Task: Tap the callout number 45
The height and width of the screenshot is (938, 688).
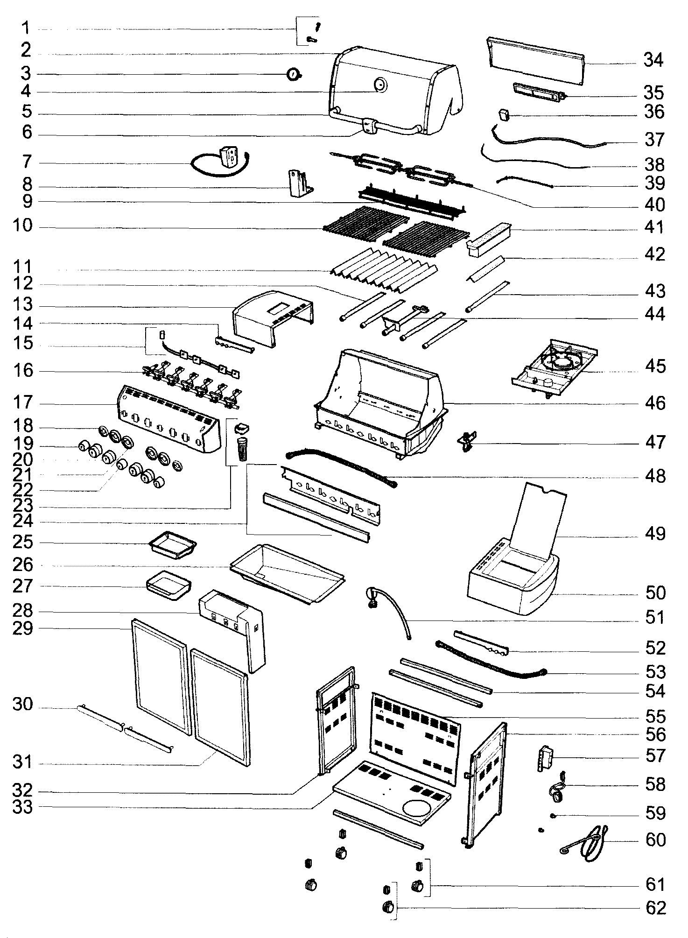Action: (x=655, y=366)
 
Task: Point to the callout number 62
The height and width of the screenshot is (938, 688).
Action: (x=655, y=908)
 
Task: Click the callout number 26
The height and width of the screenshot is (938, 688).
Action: (x=23, y=564)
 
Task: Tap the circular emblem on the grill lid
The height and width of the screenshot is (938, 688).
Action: (x=380, y=85)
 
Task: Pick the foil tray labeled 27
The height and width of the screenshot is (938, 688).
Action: (x=168, y=585)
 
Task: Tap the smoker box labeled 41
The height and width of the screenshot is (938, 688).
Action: (x=489, y=239)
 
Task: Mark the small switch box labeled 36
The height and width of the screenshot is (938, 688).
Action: (x=504, y=114)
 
